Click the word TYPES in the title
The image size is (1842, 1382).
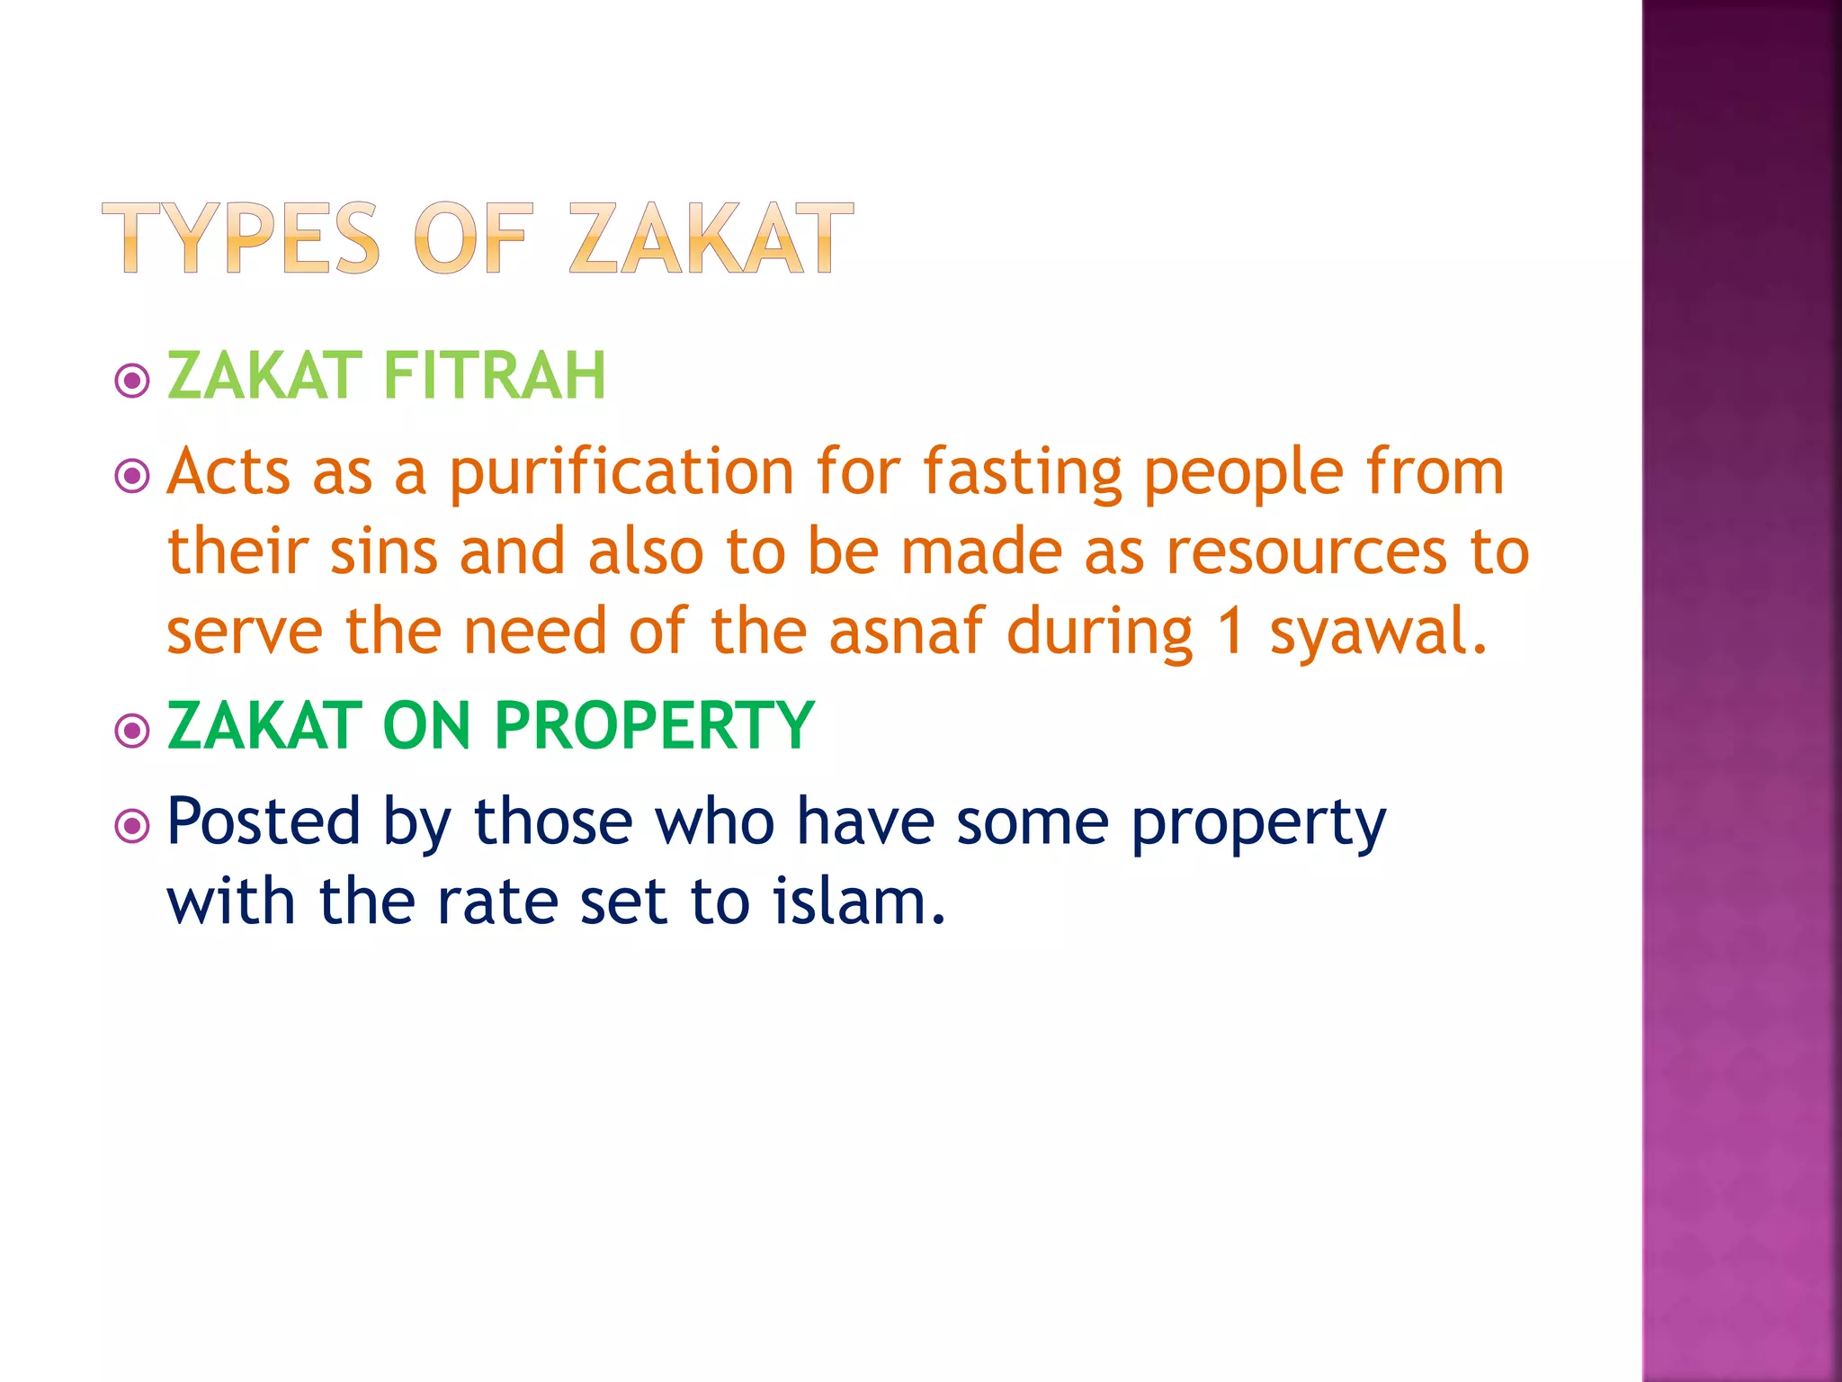coord(241,238)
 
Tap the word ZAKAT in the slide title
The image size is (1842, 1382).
coord(711,238)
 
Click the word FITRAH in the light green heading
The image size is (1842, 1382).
coord(495,375)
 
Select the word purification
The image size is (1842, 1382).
coord(621,473)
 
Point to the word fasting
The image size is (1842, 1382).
coord(1023,473)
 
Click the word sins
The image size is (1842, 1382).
coord(384,552)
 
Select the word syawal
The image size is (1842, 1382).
coord(1378,633)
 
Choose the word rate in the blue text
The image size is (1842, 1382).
coord(497,902)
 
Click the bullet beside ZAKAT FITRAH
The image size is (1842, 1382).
coord(133,381)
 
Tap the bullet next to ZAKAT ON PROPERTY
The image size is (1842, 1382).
coord(133,731)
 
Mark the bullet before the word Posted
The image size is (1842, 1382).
coord(133,825)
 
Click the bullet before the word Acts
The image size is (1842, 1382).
coord(133,476)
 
